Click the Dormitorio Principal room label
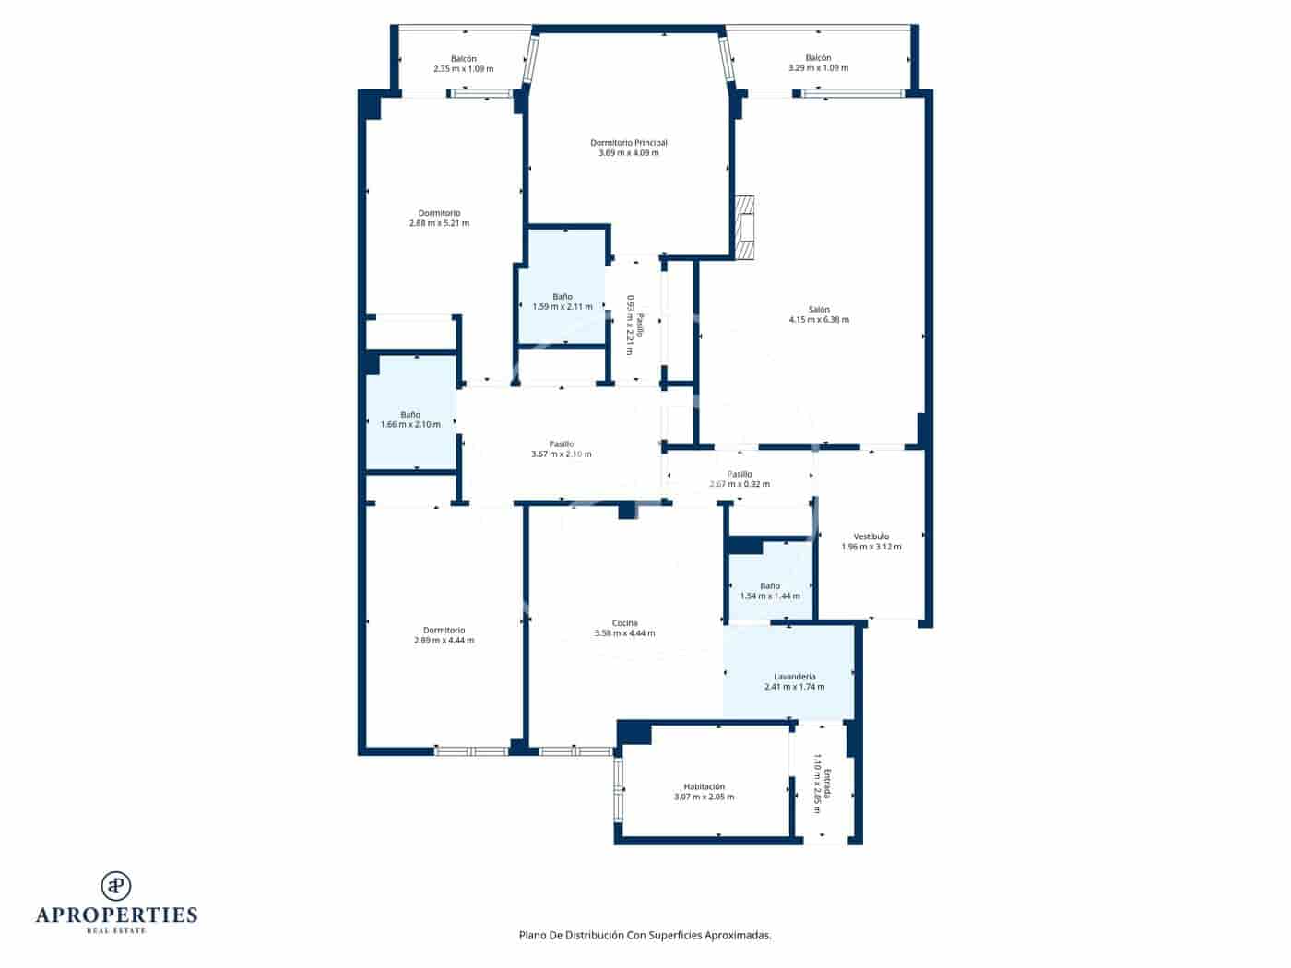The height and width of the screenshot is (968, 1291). pyautogui.click(x=628, y=143)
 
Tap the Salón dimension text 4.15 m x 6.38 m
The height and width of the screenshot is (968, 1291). pyautogui.click(x=819, y=320)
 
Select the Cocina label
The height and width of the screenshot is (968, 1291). pyautogui.click(x=624, y=623)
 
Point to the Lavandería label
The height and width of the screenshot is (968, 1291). pyautogui.click(x=794, y=677)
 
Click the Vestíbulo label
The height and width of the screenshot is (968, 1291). pyautogui.click(x=871, y=537)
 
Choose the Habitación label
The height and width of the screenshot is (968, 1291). pyautogui.click(x=704, y=786)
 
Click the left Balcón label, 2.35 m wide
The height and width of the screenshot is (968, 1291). pyautogui.click(x=463, y=59)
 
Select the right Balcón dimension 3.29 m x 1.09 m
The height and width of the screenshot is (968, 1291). pyautogui.click(x=818, y=68)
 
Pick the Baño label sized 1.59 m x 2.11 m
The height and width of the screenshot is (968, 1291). pyautogui.click(x=563, y=297)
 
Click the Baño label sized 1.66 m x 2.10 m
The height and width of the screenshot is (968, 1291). pyautogui.click(x=410, y=415)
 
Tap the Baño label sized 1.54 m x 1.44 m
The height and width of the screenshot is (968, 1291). pyautogui.click(x=769, y=586)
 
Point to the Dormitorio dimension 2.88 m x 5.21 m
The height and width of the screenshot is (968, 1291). pyautogui.click(x=439, y=223)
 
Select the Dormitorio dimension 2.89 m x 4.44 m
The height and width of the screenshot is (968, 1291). pyautogui.click(x=444, y=641)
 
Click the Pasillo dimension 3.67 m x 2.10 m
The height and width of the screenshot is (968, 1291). pyautogui.click(x=561, y=454)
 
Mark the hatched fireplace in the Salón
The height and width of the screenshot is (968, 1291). pyautogui.click(x=745, y=226)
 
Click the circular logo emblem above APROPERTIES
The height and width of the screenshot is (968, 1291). pyautogui.click(x=116, y=886)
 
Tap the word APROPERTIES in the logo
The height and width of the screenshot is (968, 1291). pyautogui.click(x=116, y=915)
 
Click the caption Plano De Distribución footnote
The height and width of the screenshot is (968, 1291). pyautogui.click(x=645, y=935)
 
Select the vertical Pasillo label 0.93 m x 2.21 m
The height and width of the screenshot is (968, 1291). pyautogui.click(x=634, y=325)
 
